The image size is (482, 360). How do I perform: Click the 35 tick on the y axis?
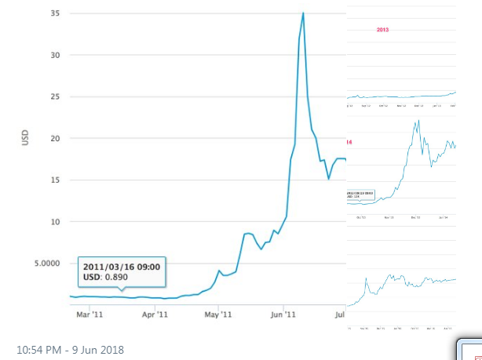tap(55, 14)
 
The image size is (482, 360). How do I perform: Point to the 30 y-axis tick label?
tap(55, 56)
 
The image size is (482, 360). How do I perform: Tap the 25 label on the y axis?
tap(55, 97)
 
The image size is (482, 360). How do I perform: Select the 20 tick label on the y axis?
tap(55, 139)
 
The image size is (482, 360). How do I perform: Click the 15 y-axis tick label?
tap(55, 180)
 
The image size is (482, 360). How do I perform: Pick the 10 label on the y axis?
tap(55, 222)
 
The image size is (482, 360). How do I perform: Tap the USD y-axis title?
tap(26, 138)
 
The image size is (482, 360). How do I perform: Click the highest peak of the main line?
tap(303, 13)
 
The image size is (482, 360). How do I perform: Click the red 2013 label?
tap(382, 29)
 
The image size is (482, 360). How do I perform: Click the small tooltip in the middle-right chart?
tap(360, 194)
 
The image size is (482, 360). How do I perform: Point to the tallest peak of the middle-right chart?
tap(418, 120)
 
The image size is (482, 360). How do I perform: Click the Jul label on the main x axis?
tap(340, 315)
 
